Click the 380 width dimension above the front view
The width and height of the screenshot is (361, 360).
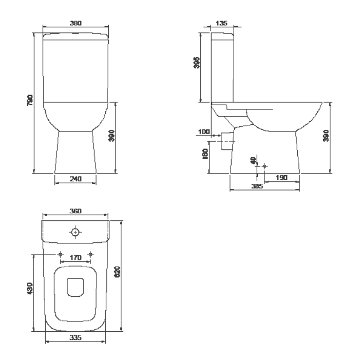[76, 23]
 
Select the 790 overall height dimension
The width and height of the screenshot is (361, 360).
[30, 100]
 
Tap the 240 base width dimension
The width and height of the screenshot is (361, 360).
[75, 179]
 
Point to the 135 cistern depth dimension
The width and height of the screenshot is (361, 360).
[222, 23]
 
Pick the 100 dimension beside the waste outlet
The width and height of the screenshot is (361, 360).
[203, 132]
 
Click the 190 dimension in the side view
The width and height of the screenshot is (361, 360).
[281, 177]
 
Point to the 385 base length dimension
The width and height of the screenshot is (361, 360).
[257, 186]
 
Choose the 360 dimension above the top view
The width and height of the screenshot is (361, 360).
[75, 212]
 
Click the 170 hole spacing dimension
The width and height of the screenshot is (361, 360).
[75, 257]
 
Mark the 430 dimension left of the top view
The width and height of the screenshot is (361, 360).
[30, 289]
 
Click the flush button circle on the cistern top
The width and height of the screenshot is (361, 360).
[75, 233]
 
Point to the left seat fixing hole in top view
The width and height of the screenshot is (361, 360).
[61, 254]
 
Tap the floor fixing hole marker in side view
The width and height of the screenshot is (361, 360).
[264, 166]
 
